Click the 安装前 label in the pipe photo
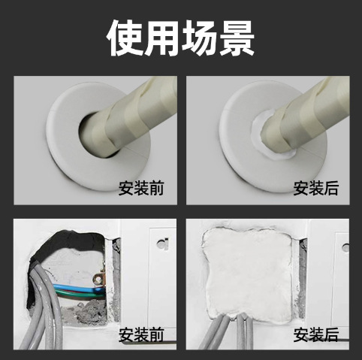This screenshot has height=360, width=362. pos(140,188)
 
